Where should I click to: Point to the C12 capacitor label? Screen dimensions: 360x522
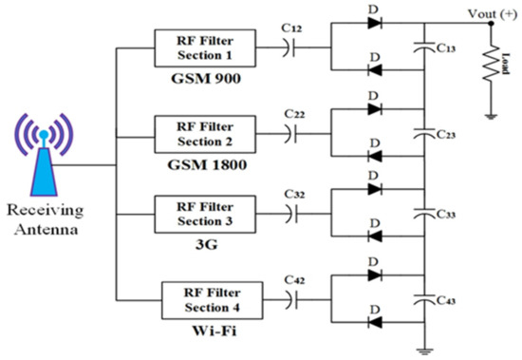tap(292, 30)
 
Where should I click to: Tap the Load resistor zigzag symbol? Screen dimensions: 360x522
tap(492, 66)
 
